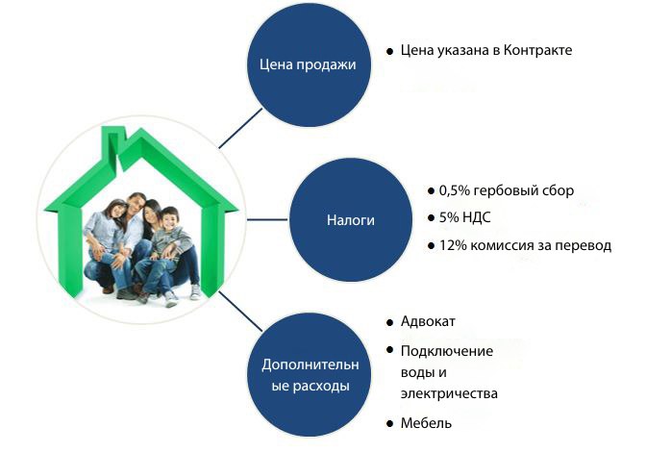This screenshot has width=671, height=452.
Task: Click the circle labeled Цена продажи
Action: coord(309,64)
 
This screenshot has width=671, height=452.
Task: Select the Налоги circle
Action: coord(351,220)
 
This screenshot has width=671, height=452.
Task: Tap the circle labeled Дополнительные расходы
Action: coord(309,375)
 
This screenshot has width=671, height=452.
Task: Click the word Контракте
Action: coord(537,50)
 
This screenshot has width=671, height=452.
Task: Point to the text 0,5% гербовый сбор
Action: coord(507,190)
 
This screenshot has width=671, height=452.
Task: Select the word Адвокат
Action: coord(428,321)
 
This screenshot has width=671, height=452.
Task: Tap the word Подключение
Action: coord(447,351)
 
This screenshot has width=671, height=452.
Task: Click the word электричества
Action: coord(449,393)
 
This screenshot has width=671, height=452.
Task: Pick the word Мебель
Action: coord(426,423)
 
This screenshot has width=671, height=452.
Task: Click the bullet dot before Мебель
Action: coord(389,424)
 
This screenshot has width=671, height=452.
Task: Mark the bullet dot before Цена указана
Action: coord(389,51)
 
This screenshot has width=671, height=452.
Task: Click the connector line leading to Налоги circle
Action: coord(267,220)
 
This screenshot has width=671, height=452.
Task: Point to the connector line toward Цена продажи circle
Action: coord(240,128)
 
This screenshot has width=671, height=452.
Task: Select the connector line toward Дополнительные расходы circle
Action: coord(240,312)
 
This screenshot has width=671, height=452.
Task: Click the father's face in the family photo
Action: coord(137,206)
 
